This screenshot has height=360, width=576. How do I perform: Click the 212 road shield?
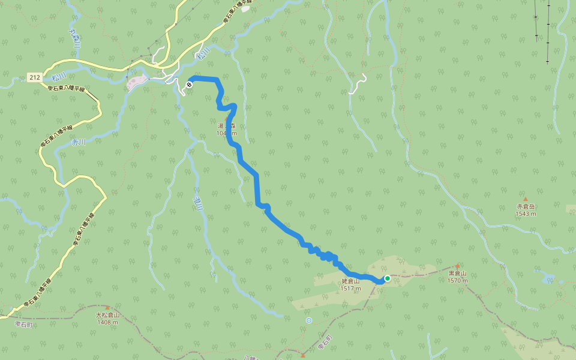coord(34,77)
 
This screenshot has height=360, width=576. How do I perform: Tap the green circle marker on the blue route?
coord(388,278)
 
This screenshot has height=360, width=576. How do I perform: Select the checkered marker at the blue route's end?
coord(189,85)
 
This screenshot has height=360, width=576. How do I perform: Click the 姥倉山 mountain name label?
coord(350,281)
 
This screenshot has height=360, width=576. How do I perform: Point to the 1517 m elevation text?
coord(350,288)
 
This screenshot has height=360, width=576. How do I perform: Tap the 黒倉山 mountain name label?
coord(457,273)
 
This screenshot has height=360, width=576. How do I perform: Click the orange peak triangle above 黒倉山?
coord(457,266)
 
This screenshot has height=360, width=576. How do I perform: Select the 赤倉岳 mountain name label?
coord(525,206)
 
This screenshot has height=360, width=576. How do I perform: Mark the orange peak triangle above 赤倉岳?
coord(525,199)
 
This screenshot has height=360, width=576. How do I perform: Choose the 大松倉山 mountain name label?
coord(108,314)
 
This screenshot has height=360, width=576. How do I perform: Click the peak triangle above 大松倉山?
coord(108,307)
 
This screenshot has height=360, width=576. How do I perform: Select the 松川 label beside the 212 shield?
coord(58,77)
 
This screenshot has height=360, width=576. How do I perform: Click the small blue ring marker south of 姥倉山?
coord(308,320)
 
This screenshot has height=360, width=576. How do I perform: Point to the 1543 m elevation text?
coord(525,214)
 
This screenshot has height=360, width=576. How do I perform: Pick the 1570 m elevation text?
coord(457,280)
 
